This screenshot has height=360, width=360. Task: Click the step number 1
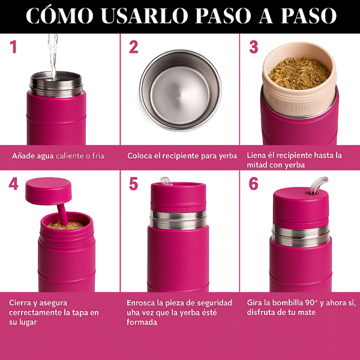coord(13,47)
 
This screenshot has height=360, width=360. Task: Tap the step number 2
coord(133,47)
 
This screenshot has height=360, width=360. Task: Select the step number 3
coord(254,47)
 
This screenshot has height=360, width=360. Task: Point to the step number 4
coord(13,184)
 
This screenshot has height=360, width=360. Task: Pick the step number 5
coord(133,184)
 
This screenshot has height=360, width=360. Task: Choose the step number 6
coord(254,184)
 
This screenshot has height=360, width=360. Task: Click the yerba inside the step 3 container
coord(299,73)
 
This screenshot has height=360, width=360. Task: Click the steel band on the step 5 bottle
coord(178,220)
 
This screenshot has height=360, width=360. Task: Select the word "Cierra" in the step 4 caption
coord(21,303)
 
